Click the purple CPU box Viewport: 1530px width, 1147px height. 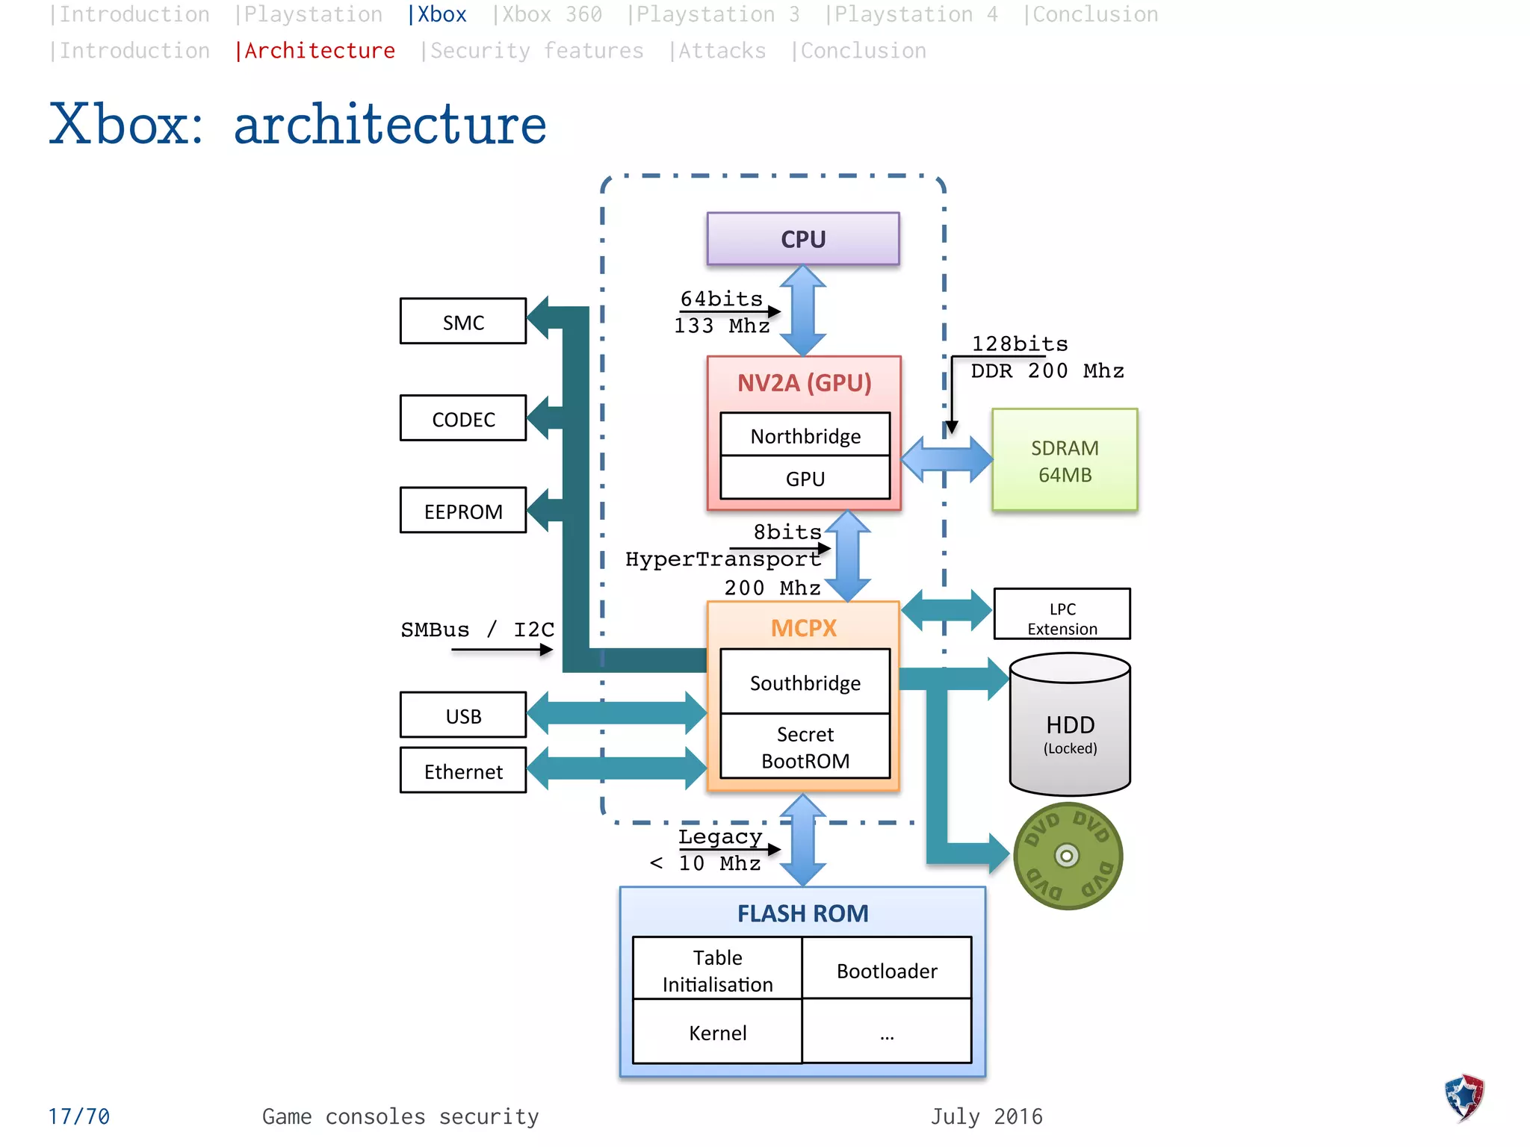click(803, 239)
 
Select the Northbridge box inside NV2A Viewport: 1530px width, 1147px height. click(805, 435)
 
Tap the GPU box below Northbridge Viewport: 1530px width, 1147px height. click(805, 479)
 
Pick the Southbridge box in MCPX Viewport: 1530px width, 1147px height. click(805, 683)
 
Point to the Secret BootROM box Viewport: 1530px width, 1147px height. click(805, 747)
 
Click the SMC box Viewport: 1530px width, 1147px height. click(463, 322)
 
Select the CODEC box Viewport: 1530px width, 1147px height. click(463, 419)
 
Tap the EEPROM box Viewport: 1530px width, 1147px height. click(463, 511)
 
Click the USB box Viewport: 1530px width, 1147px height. click(463, 715)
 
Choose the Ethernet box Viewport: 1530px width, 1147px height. click(463, 771)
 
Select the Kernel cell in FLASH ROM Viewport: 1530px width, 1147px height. click(717, 1032)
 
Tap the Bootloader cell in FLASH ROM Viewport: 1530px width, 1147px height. click(887, 970)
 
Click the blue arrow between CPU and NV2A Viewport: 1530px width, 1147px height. click(803, 311)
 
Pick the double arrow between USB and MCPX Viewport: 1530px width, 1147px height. click(617, 713)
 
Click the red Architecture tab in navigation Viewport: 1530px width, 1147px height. click(315, 51)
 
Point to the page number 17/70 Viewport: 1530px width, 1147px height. click(79, 1116)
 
